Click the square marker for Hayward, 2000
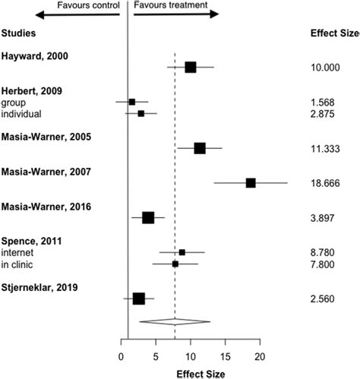click(190, 68)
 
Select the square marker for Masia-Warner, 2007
click(251, 182)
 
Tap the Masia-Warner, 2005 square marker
click(200, 148)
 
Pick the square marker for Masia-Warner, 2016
click(148, 218)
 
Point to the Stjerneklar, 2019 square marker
click(138, 298)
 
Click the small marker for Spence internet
click(182, 252)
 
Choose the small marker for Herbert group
click(132, 102)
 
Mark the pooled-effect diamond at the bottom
click(175, 321)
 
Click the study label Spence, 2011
click(33, 241)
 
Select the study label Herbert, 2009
click(33, 90)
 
